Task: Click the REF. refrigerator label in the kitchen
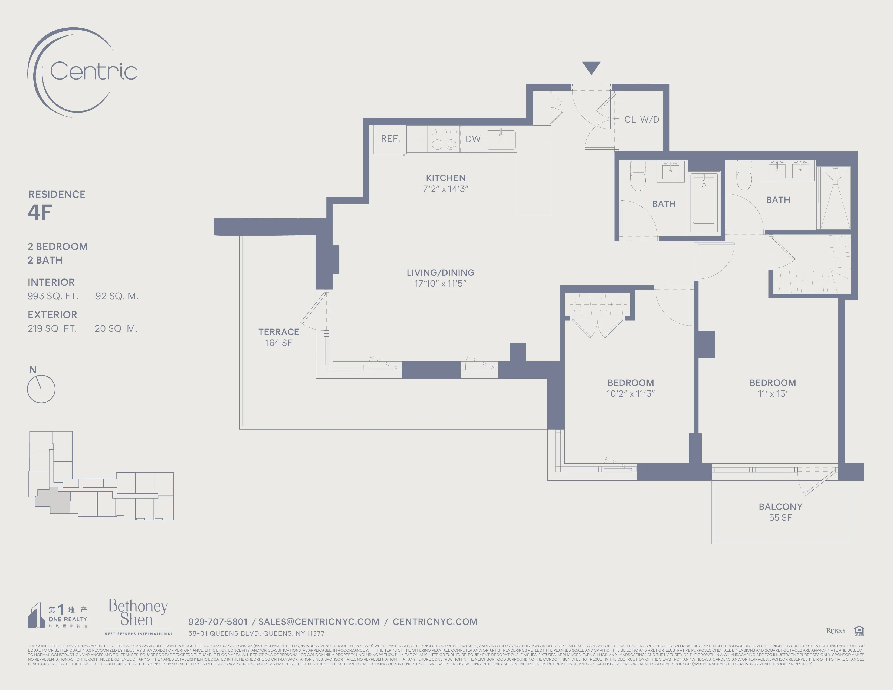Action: tap(390, 139)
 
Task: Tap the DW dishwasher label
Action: tap(473, 139)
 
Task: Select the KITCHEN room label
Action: tap(446, 178)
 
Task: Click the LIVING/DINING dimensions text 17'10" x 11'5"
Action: tap(440, 284)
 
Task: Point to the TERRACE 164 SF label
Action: tap(278, 337)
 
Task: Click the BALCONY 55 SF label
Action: tap(780, 512)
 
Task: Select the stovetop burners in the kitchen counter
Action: tap(443, 139)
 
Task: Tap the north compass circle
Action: tap(41, 389)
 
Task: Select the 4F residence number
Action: tap(40, 212)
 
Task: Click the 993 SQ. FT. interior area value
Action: tap(53, 296)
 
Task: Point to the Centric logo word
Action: tap(93, 71)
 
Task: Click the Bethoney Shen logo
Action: tap(138, 613)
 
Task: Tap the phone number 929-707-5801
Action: tap(218, 622)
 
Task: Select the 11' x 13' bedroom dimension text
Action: tap(772, 394)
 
